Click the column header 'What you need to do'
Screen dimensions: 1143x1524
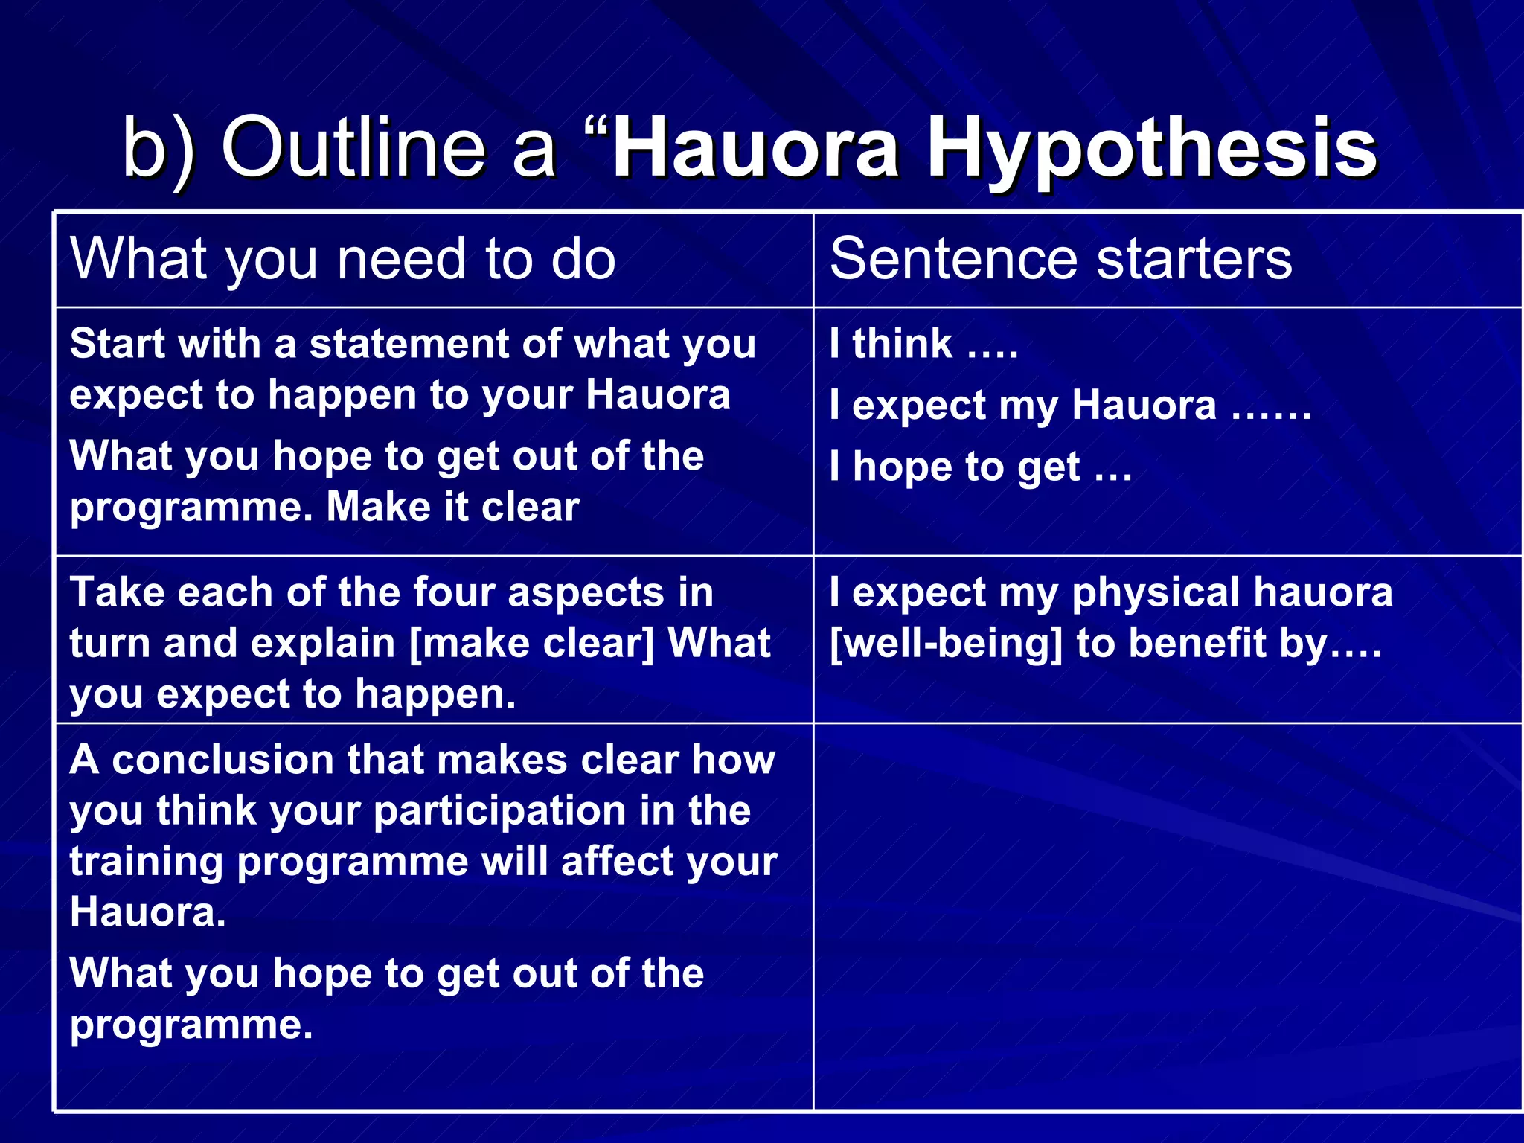343,259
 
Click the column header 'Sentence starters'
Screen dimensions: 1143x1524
1060,259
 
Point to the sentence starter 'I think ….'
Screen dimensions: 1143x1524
923,344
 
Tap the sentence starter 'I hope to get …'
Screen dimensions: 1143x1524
981,467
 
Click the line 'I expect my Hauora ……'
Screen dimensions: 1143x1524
1070,406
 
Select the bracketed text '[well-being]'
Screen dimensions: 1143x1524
946,643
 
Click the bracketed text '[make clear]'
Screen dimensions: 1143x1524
532,643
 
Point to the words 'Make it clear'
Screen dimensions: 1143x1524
452,508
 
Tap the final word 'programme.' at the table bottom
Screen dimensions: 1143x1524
191,1025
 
